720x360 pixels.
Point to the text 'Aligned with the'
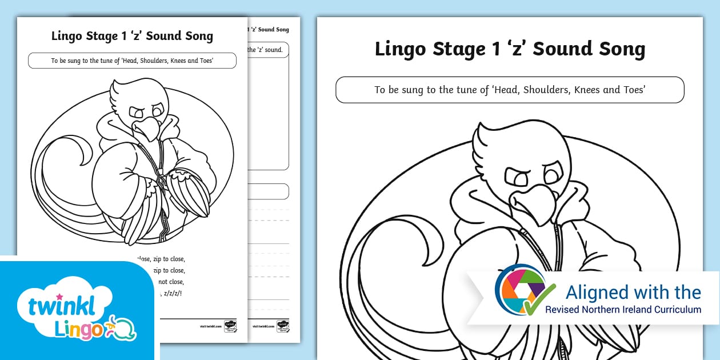pos(633,292)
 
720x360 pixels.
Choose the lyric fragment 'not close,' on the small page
pos(171,282)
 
